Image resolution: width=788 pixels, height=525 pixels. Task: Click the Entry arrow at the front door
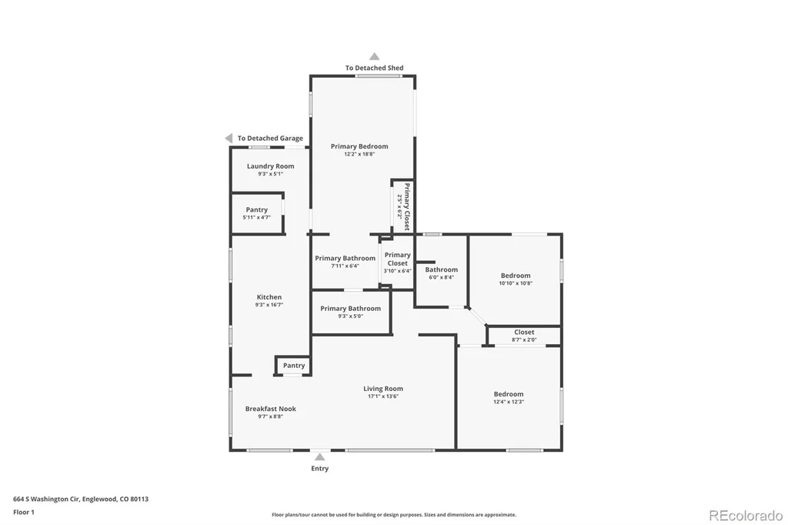[319, 456]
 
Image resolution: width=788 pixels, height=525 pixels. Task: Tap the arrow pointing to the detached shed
[375, 56]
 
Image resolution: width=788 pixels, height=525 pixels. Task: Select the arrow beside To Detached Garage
[229, 138]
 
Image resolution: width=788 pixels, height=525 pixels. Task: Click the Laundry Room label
[270, 166]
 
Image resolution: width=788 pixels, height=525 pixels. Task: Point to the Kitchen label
[269, 297]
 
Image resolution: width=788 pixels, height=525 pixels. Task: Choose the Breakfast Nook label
[270, 409]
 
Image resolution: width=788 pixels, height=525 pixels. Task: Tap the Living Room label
[383, 388]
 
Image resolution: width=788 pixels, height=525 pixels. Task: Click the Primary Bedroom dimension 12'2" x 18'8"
[359, 154]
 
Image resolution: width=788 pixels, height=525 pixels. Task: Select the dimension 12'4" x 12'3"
[509, 402]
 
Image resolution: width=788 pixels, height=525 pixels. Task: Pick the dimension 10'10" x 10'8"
[516, 283]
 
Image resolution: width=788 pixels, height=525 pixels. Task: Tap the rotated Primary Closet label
[407, 206]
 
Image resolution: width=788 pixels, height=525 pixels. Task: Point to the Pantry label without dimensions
[294, 366]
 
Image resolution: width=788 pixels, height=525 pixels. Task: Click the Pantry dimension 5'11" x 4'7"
[257, 217]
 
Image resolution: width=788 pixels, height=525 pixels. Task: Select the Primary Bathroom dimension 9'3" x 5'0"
[351, 316]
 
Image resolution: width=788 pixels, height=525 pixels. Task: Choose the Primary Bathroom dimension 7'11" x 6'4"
[346, 266]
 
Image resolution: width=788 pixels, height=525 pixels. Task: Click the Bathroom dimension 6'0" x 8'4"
[441, 277]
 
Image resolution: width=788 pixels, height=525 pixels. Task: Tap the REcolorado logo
[746, 516]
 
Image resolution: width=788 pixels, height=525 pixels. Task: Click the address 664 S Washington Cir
[46, 500]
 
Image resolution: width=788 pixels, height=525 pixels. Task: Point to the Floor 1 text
[24, 513]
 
